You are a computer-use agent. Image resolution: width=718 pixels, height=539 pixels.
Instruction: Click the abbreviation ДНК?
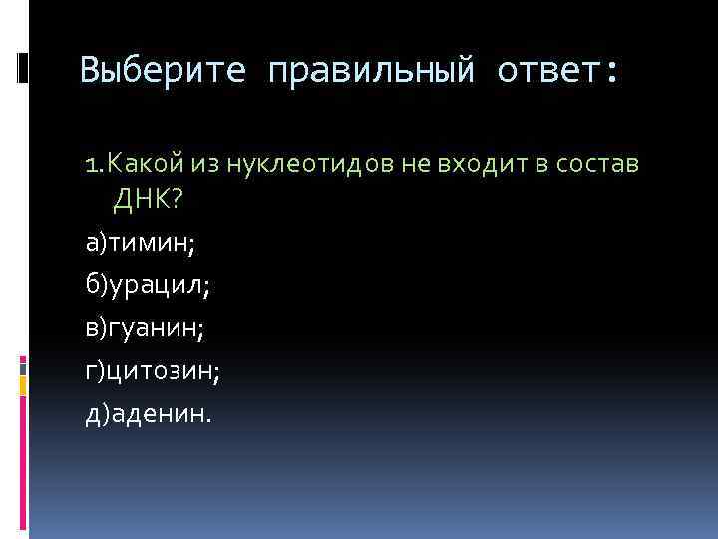pos(148,201)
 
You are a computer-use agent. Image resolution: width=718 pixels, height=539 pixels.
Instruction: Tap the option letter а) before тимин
pos(97,243)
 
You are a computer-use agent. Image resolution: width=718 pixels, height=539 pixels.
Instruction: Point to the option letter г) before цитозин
pos(96,371)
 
